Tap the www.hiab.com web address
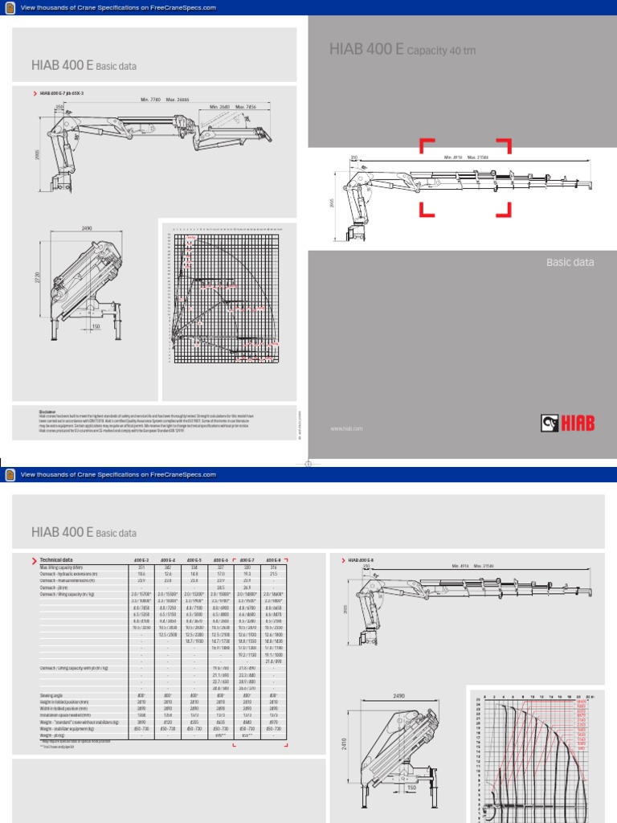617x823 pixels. tap(346, 429)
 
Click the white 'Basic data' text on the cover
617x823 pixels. tap(570, 262)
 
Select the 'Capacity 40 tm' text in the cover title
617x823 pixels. tap(441, 51)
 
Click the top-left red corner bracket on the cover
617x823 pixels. tap(425, 145)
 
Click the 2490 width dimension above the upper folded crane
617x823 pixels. tap(88, 229)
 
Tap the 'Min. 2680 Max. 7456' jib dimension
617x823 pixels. tap(233, 107)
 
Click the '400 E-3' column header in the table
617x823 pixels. tap(141, 559)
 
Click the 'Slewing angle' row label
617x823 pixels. tap(55, 695)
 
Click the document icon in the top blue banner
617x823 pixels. tap(10, 7)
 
